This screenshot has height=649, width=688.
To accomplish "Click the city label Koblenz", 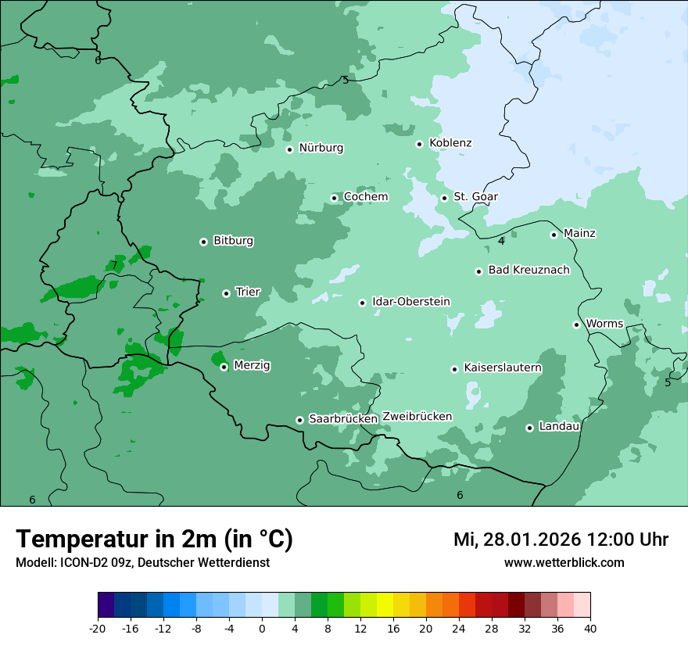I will click(450, 143).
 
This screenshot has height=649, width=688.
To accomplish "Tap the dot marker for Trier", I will click(226, 293).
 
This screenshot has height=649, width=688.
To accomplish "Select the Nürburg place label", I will click(321, 148).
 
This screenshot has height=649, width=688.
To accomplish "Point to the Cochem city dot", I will click(334, 198).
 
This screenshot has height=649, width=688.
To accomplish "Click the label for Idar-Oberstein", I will click(411, 302).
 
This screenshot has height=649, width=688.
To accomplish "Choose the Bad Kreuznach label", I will click(529, 270).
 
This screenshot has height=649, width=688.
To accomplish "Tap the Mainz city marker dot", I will click(554, 235).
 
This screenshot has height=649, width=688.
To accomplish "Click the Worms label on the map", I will click(604, 324).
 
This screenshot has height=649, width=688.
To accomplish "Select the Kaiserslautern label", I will click(503, 368).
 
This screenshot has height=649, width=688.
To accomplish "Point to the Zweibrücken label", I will click(417, 417).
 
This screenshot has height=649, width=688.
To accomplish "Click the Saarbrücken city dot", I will click(299, 420).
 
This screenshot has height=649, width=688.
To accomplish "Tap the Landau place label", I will click(559, 426).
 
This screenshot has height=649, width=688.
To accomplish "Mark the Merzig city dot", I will click(224, 367).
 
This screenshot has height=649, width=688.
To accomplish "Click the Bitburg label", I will click(233, 241).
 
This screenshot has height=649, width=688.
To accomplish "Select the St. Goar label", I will click(475, 196).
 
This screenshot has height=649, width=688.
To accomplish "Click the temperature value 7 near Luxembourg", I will click(113, 265).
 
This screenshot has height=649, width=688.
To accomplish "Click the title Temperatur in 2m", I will click(154, 540).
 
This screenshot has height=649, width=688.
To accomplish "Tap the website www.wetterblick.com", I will click(564, 562).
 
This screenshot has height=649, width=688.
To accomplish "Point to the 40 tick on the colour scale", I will click(590, 628).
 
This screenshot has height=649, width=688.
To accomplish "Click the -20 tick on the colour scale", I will click(98, 628).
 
